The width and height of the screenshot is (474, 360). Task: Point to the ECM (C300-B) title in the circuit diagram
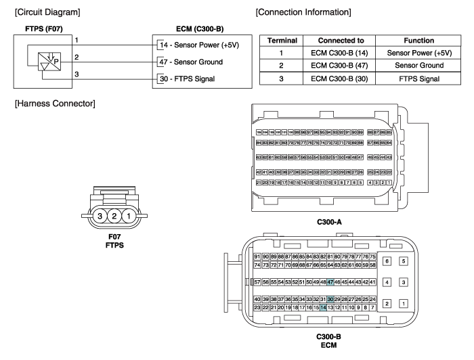pos(196,29)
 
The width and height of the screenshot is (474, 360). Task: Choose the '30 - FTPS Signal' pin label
pos(188,76)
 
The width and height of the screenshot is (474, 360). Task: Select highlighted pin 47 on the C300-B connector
pos(330,282)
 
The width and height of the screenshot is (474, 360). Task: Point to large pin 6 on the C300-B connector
pos(387,261)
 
